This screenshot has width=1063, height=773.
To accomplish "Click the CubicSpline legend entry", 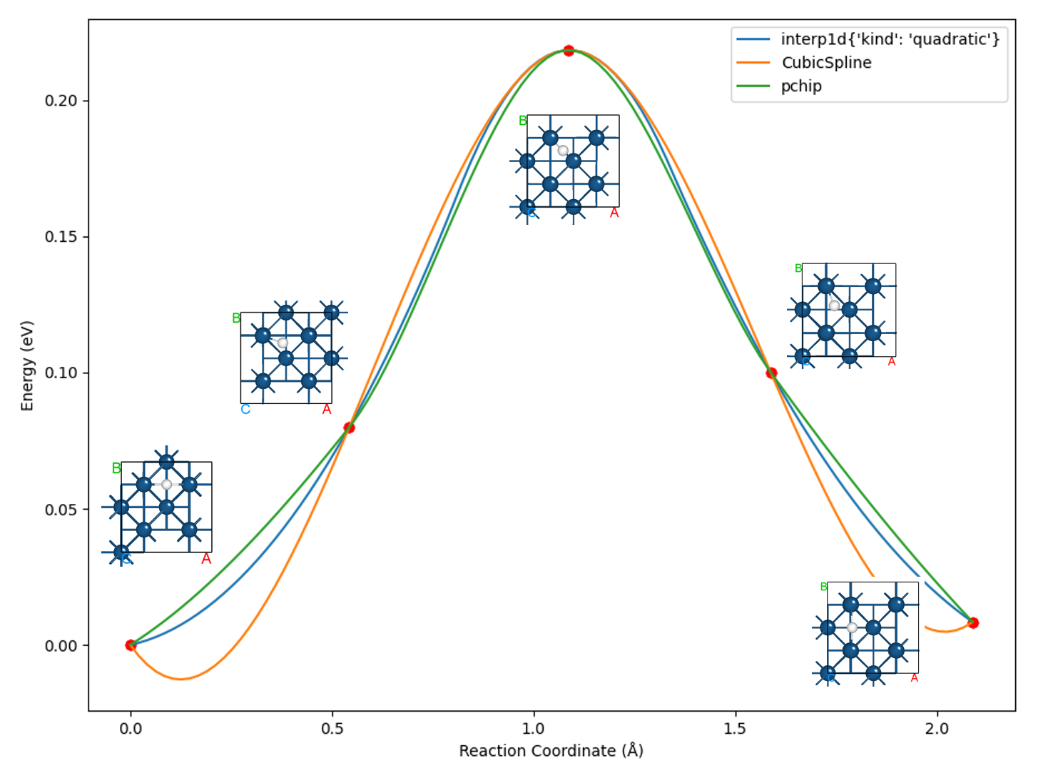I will [826, 63].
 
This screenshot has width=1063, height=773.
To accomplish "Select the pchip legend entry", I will [801, 86].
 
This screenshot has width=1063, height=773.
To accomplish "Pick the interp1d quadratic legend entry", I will [890, 39].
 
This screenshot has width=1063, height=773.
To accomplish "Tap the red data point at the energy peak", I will [569, 51].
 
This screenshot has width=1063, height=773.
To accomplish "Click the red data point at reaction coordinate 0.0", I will [131, 645].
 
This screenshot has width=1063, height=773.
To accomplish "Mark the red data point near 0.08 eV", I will [349, 428].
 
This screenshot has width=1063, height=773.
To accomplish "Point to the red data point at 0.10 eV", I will [771, 373].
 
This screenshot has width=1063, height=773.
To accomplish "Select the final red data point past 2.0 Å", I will [973, 623].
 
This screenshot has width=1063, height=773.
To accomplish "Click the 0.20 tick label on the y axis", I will [61, 101].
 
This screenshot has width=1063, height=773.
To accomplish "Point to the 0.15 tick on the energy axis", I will [61, 237].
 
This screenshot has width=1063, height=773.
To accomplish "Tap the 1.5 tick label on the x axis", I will [735, 729].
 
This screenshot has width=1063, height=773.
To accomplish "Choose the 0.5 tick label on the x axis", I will [332, 729].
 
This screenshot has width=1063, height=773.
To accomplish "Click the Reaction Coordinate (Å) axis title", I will [551, 751].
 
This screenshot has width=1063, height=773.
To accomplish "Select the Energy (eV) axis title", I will [27, 365].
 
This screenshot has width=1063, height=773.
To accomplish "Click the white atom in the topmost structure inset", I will [563, 151].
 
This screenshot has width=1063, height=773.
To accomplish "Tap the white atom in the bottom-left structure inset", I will [166, 485].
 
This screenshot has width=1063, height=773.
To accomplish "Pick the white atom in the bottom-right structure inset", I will [852, 628].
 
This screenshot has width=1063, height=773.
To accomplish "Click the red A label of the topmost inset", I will [614, 213].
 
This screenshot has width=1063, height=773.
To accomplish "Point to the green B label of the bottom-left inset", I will [116, 469].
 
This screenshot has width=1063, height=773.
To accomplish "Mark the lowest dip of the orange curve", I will [180, 679].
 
